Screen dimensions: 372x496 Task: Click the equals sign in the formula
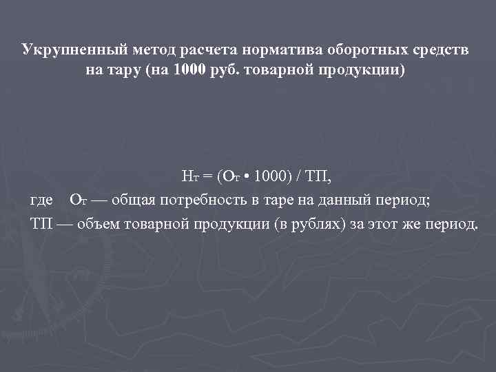208,177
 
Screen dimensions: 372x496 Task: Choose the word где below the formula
42,201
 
